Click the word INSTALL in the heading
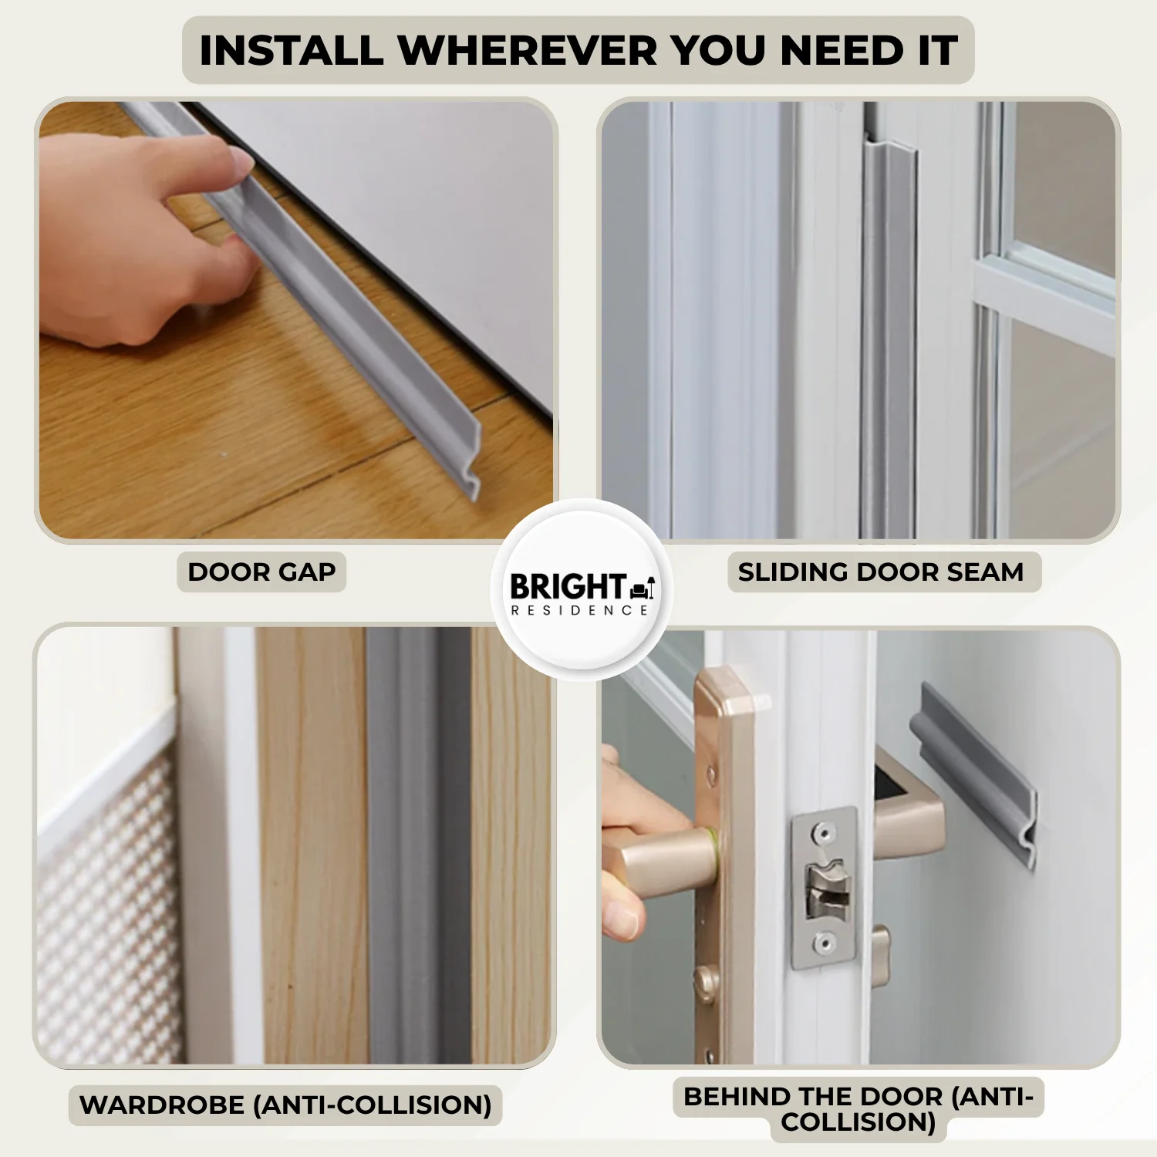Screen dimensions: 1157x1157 [x=291, y=51]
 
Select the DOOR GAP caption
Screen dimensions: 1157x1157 [x=261, y=572]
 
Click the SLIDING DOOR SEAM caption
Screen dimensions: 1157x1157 [x=880, y=572]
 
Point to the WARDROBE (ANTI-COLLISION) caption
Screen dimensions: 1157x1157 [x=285, y=1105]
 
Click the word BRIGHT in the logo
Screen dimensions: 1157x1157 [x=568, y=587]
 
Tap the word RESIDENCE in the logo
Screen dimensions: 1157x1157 [x=579, y=610]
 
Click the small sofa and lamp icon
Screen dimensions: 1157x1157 [x=643, y=589]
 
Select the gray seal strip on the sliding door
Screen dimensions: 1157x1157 [x=888, y=339]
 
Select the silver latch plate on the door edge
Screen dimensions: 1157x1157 [x=825, y=887]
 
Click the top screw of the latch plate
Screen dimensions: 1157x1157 [x=825, y=832]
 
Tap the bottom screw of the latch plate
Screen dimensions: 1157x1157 [x=825, y=943]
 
